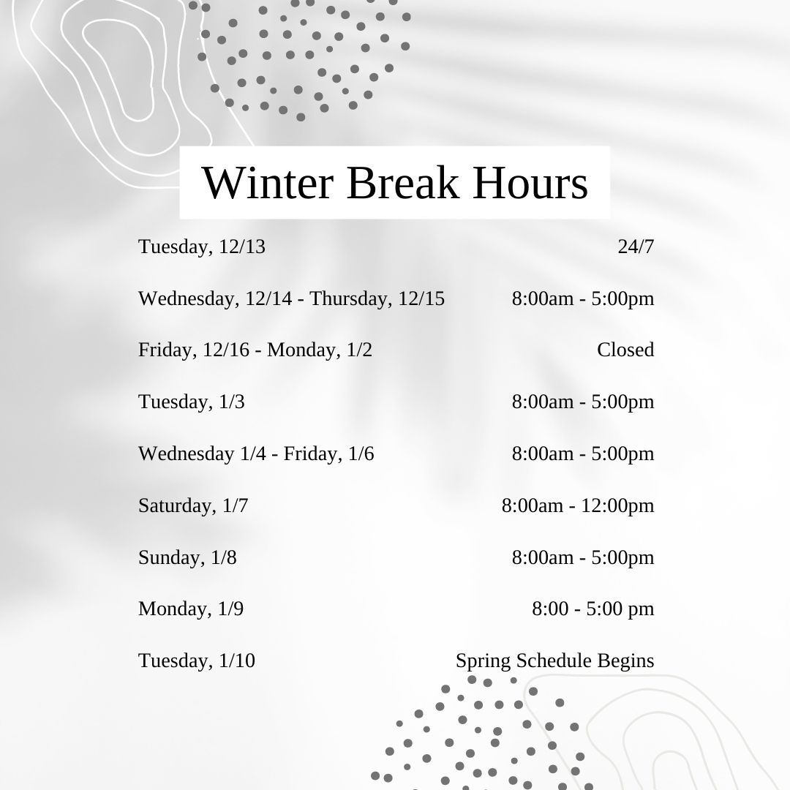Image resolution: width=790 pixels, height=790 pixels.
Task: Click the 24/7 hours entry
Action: [x=636, y=247]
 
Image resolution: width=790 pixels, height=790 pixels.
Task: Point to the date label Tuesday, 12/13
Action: [x=202, y=247]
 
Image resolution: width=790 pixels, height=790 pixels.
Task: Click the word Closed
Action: [x=625, y=350]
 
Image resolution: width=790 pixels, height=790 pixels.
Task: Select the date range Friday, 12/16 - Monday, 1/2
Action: [x=255, y=350]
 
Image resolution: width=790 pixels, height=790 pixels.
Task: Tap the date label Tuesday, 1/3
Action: [x=192, y=402]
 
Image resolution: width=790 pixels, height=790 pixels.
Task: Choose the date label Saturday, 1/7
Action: [x=193, y=505]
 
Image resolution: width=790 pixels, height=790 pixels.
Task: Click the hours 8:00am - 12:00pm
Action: [x=578, y=505]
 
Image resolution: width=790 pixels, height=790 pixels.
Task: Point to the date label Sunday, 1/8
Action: [x=187, y=557]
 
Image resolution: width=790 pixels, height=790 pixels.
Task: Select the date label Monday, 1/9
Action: [x=191, y=609]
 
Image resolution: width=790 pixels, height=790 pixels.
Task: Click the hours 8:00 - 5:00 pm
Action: [x=593, y=609]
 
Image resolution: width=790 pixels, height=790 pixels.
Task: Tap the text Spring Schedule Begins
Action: [x=554, y=661]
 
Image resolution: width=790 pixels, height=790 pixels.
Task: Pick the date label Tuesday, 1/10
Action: [x=197, y=661]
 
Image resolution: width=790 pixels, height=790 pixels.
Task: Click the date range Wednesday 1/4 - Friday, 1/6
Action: [x=256, y=454]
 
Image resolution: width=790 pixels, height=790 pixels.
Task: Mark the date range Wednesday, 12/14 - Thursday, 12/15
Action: [x=291, y=298]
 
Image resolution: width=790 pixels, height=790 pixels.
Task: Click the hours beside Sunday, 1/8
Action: [x=583, y=557]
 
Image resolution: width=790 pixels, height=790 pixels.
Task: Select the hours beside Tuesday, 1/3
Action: [x=583, y=402]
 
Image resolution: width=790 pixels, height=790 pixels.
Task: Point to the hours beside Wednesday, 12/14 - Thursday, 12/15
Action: [x=583, y=298]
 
